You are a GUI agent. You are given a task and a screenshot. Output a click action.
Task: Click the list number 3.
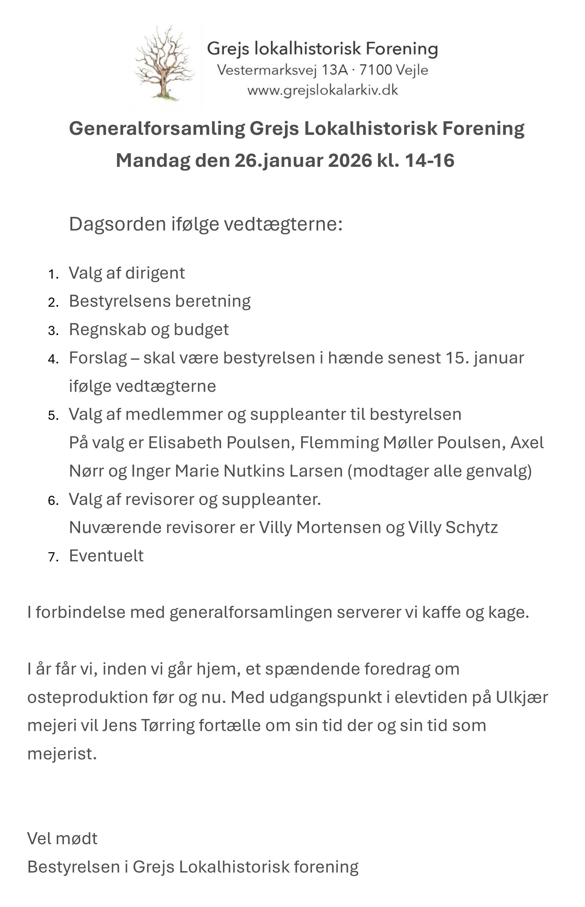[53, 331]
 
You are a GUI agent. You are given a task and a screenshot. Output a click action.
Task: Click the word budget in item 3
[201, 329]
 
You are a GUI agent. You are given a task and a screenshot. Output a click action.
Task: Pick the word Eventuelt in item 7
[106, 556]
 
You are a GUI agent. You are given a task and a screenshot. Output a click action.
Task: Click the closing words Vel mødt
[62, 839]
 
